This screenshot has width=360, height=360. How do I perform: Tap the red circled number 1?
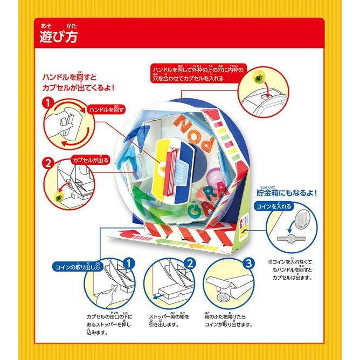[x=47, y=102]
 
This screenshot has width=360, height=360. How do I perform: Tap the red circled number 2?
[x=47, y=161]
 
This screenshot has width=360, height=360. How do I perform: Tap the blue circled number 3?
[x=247, y=263]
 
